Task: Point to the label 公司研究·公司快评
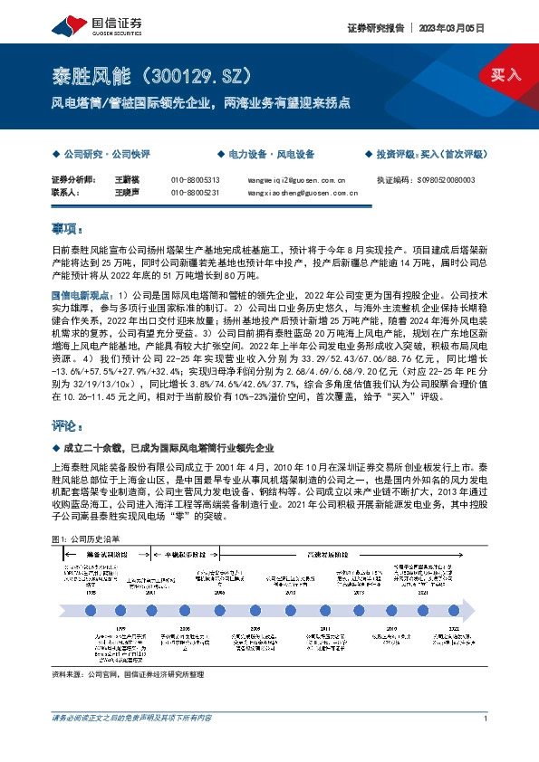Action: pyautogui.click(x=103, y=156)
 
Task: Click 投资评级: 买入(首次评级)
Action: pyautogui.click(x=429, y=156)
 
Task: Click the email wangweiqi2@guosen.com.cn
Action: pyautogui.click(x=296, y=181)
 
